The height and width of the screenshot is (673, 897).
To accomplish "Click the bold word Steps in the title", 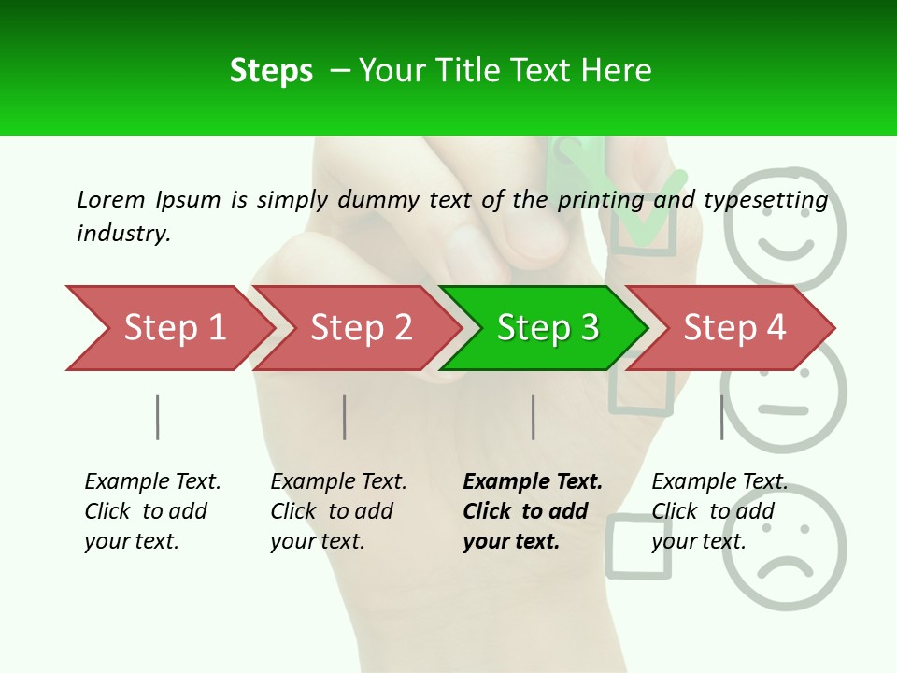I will pos(271,71).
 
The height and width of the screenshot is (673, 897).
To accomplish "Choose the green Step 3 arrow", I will pos(546,328).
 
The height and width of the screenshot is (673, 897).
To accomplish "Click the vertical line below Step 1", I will pos(158,417).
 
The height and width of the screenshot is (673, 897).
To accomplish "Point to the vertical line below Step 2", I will pos(345,417).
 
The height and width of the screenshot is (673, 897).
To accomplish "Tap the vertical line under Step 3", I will pos(534,417).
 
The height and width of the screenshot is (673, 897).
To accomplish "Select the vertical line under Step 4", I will pos(722,417).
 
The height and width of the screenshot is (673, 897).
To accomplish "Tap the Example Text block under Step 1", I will pos(152,511).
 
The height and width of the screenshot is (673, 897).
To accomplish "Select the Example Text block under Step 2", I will pos(338,511).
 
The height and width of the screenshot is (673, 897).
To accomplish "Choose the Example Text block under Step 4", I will pos(719,511).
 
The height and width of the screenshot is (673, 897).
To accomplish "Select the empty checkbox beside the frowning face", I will pos(639,546).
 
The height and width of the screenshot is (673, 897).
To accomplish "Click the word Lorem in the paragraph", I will pos(111,200).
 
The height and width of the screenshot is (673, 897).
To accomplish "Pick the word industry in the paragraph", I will pos(122,234).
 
